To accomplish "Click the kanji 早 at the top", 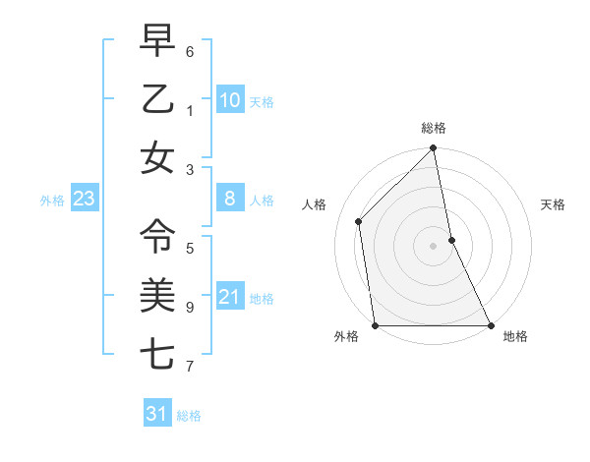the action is click(157, 41).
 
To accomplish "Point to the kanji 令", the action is click(157, 234).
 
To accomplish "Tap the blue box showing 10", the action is click(229, 100).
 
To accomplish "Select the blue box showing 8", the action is click(229, 200).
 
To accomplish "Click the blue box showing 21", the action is click(229, 297).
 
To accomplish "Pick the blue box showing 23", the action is click(85, 200).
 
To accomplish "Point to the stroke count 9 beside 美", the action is click(189, 307).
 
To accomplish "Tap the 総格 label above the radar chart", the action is click(434, 128).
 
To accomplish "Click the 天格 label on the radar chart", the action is click(554, 204).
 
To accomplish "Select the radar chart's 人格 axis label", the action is click(315, 204).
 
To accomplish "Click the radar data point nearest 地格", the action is click(491, 325).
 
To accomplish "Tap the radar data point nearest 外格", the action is click(376, 325).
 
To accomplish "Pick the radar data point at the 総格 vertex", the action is click(434, 149).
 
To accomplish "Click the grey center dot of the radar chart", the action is click(434, 245).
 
